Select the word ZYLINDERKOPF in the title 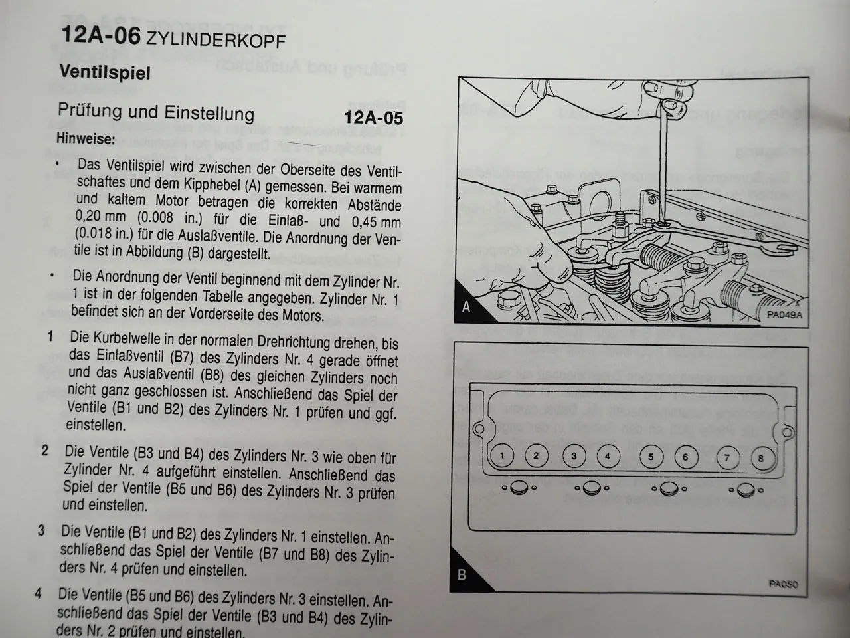pyautogui.click(x=216, y=39)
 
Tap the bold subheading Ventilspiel pyautogui.click(x=105, y=72)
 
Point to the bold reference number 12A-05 pyautogui.click(x=373, y=118)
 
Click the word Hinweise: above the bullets pyautogui.click(x=86, y=139)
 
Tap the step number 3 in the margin pyautogui.click(x=41, y=531)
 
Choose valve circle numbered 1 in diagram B pyautogui.click(x=503, y=455)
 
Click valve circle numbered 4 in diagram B pyautogui.click(x=607, y=456)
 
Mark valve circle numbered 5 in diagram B pyautogui.click(x=651, y=457)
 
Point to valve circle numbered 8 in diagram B pyautogui.click(x=760, y=458)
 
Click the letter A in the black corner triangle pyautogui.click(x=466, y=307)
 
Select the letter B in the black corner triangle pyautogui.click(x=462, y=575)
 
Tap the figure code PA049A pyautogui.click(x=784, y=315)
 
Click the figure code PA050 pyautogui.click(x=784, y=584)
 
